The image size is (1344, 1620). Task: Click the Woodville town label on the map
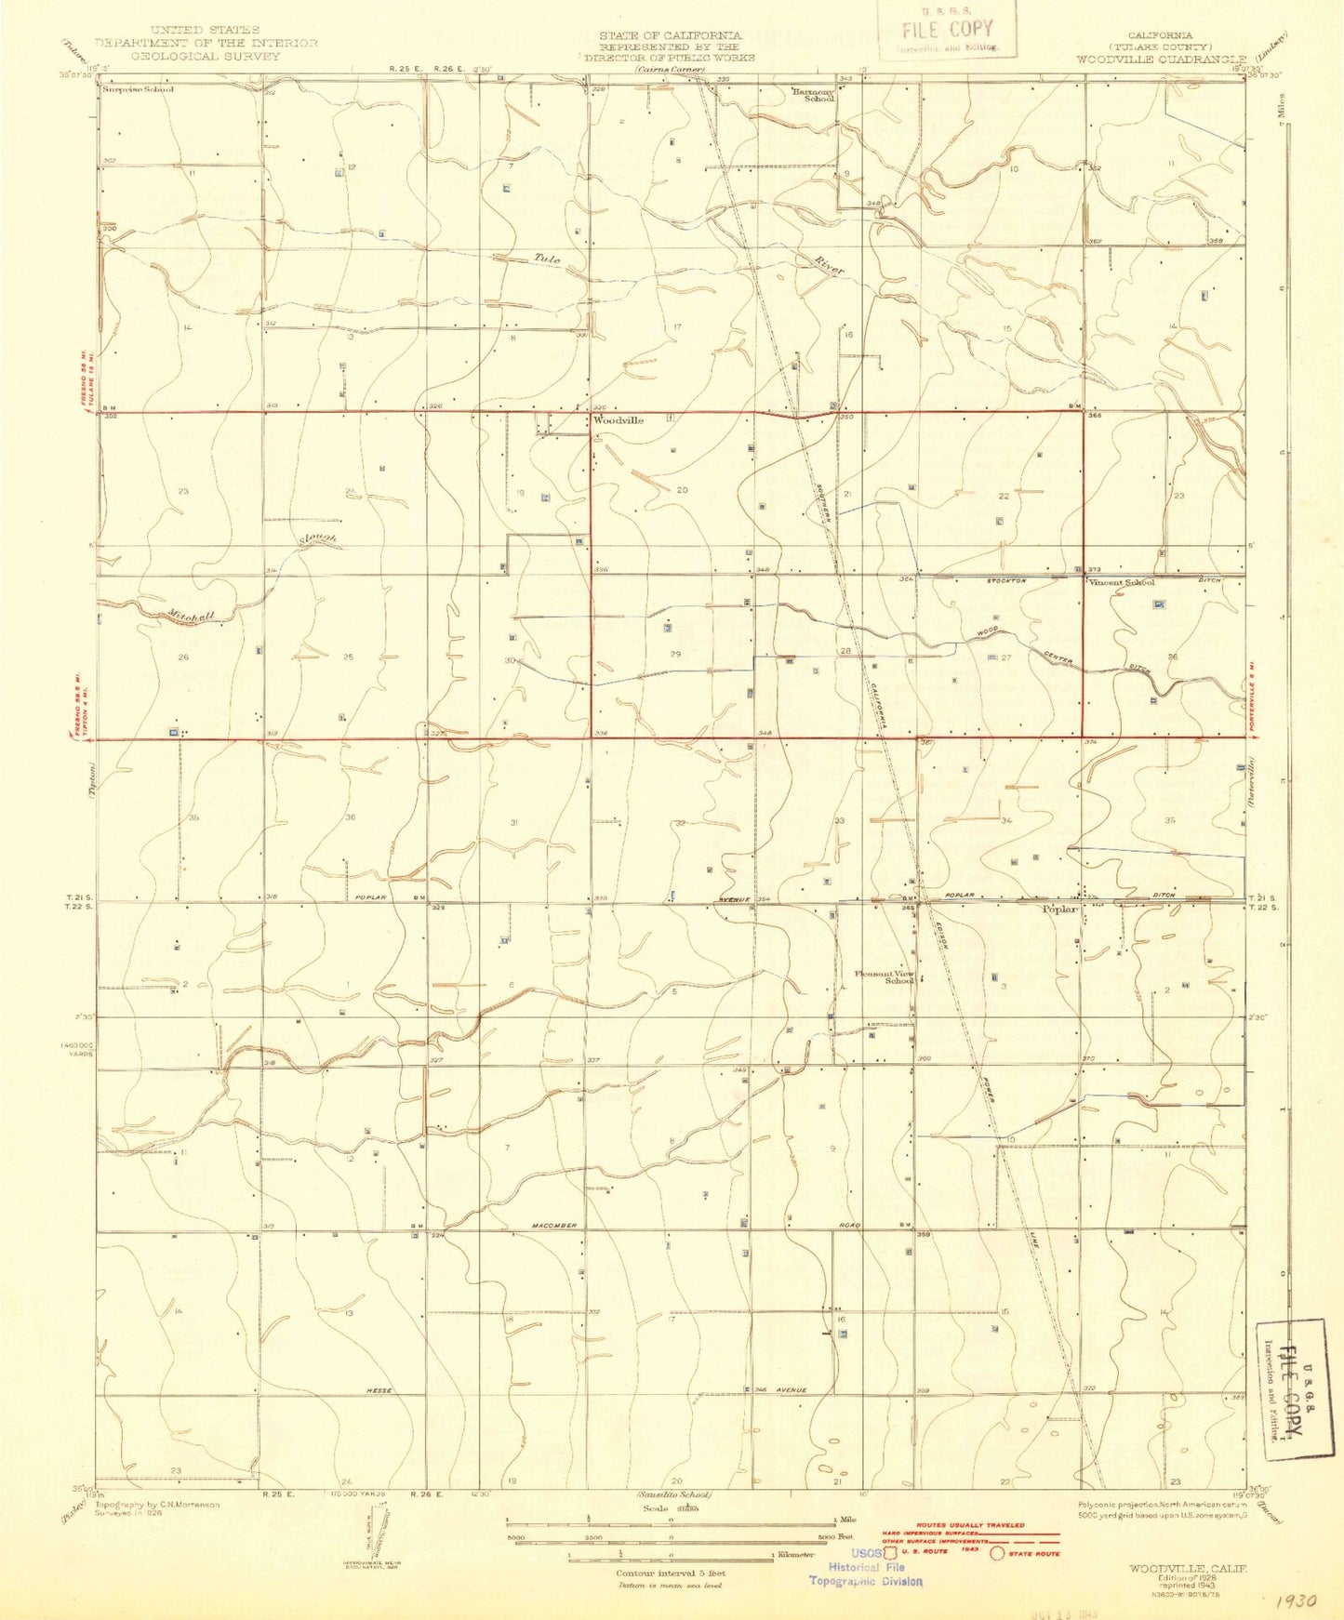(x=619, y=420)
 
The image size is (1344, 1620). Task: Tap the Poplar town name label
(x=1059, y=909)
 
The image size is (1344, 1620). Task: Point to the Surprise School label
(x=139, y=89)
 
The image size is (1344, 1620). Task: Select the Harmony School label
(x=812, y=94)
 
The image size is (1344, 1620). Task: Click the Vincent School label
(x=1122, y=582)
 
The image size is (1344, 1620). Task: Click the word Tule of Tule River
(x=547, y=259)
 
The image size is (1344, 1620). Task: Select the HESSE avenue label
(x=380, y=1390)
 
